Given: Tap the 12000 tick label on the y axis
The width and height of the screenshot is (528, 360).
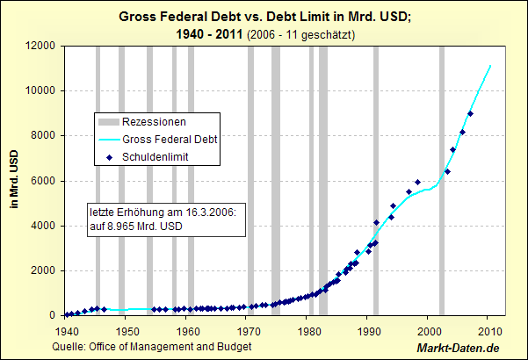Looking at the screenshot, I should coord(40,45).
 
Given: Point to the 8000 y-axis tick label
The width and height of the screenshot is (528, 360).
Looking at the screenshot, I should coord(43,135).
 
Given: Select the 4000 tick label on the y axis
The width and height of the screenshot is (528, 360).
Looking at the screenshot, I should coord(43,226).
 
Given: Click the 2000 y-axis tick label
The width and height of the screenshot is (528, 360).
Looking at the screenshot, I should coord(43,270).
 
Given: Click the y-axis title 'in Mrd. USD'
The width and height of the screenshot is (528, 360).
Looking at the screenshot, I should coord(14,180).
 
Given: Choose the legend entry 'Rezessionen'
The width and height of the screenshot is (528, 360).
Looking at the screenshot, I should coord(154,121).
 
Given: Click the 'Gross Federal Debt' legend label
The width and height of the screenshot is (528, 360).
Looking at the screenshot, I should coord(170,139).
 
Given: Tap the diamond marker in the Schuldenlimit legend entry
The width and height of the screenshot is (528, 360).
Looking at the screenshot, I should coord(109,156).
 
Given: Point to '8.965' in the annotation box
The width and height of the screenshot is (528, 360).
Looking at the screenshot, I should coord(123,227).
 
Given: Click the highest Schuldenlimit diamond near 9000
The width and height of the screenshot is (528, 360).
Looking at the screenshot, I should coord(471,113).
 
